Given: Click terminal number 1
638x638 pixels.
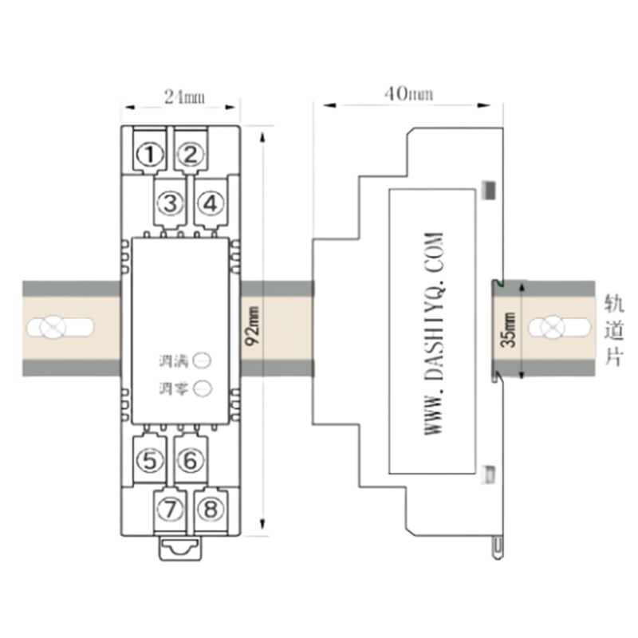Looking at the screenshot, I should click(148, 155).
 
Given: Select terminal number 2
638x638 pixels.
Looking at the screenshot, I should click(189, 155).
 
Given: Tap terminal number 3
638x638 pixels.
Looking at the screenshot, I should click(169, 203).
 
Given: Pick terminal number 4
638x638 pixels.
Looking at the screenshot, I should click(210, 203).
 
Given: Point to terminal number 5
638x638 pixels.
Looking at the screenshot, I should click(148, 460).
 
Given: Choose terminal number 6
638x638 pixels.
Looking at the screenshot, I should click(189, 460).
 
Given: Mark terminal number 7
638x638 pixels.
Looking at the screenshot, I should click(169, 508).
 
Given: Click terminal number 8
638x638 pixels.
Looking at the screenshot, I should click(210, 508).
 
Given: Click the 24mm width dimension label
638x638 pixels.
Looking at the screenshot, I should click(184, 97).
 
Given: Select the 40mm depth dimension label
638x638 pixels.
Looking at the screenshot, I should click(408, 94).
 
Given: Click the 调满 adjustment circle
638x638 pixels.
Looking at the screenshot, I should click(203, 360).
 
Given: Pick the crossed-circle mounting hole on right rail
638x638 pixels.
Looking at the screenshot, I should click(549, 328).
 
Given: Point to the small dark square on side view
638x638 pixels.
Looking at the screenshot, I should click(490, 190).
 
